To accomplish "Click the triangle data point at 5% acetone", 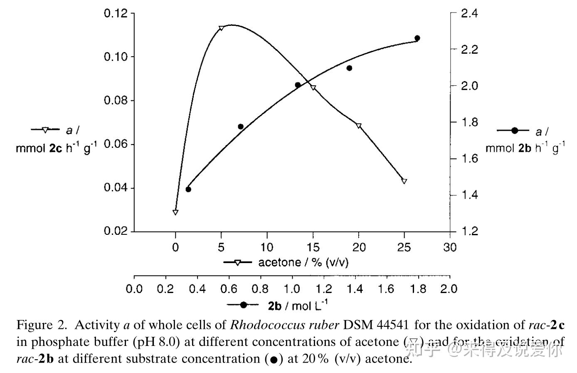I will tap(221, 28).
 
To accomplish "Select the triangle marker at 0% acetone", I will tap(175, 212).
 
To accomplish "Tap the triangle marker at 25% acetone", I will tap(404, 181).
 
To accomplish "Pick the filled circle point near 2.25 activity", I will tap(417, 38).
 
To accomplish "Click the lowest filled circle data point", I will tap(188, 189).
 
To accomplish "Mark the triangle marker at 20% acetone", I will tap(359, 126).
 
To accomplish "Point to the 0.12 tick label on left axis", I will tap(116, 13).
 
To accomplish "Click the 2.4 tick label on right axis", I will tap(470, 13).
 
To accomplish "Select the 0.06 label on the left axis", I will tap(116, 144).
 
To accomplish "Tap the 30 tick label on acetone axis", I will tap(449, 247).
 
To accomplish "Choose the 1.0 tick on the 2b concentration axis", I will tap(292, 289).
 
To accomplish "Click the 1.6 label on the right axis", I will tap(470, 159).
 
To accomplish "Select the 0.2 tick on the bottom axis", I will tap(166, 289).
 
